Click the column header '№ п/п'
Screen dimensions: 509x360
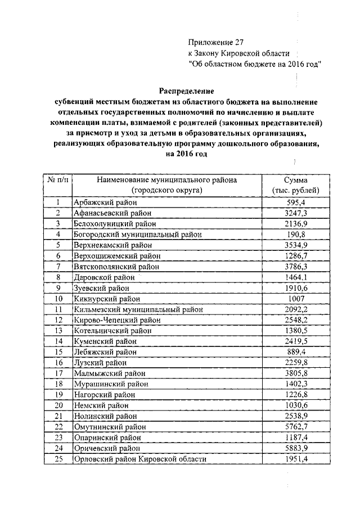57,180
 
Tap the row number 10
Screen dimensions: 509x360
57,299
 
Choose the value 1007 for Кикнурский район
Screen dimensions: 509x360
295,299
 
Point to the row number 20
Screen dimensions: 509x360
57,406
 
